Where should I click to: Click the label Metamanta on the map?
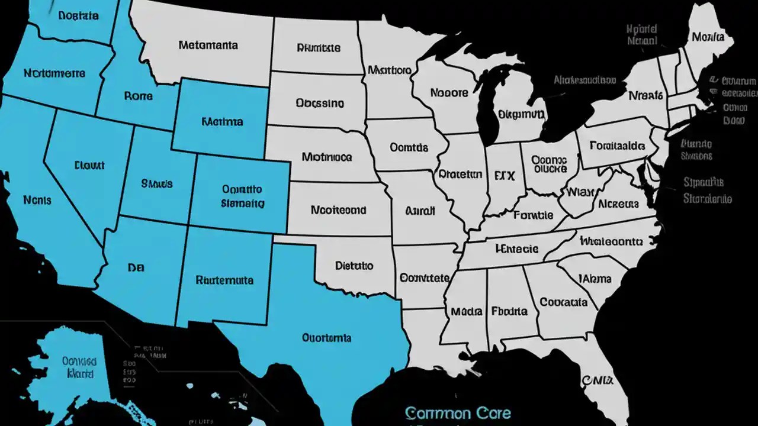pos(208,45)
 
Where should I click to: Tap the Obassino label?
pos(319,103)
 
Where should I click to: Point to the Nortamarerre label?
pos(54,74)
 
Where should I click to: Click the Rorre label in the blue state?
pos(139,95)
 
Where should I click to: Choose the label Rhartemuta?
pos(224,280)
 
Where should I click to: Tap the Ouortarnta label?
pos(326,338)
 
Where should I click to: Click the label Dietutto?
pos(354,266)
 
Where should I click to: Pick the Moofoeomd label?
pos(338,209)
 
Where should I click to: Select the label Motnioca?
pos(326,157)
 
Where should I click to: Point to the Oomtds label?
pos(409,147)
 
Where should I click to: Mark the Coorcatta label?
pos(564,302)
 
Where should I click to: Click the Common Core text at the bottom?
pos(458,412)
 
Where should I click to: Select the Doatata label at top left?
pos(78,16)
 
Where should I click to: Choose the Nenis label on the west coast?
pos(37,200)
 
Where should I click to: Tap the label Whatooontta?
pos(611,241)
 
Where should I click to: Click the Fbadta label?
pos(509,311)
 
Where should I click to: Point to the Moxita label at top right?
pos(708,37)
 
